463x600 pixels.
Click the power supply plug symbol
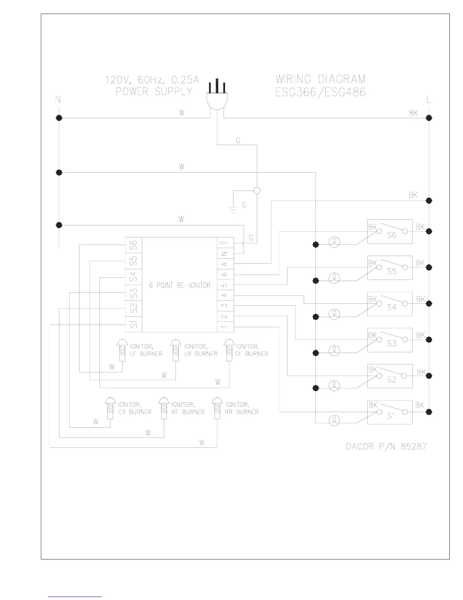[217, 97]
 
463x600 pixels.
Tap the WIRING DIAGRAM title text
[320, 80]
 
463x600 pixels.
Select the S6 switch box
[390, 231]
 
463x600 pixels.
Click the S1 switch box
[390, 412]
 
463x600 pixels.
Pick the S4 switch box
[390, 304]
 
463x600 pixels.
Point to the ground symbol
[233, 209]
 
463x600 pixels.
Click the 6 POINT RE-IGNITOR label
[180, 285]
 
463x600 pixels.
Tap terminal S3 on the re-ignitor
[134, 293]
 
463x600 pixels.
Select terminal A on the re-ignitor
[225, 264]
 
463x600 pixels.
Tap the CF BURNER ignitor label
[252, 350]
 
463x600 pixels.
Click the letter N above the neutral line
[58, 100]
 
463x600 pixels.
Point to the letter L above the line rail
[429, 100]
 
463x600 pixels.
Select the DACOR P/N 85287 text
[386, 447]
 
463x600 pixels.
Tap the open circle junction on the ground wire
[257, 191]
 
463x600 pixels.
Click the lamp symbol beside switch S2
[334, 386]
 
